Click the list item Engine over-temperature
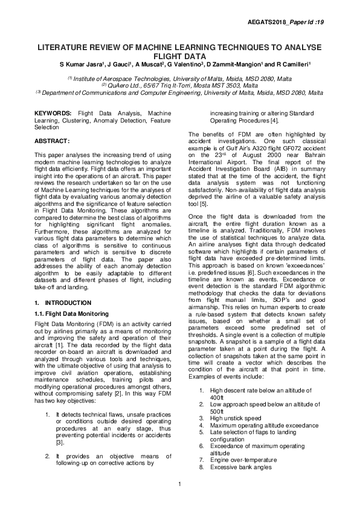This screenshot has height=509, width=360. click(x=243, y=459)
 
